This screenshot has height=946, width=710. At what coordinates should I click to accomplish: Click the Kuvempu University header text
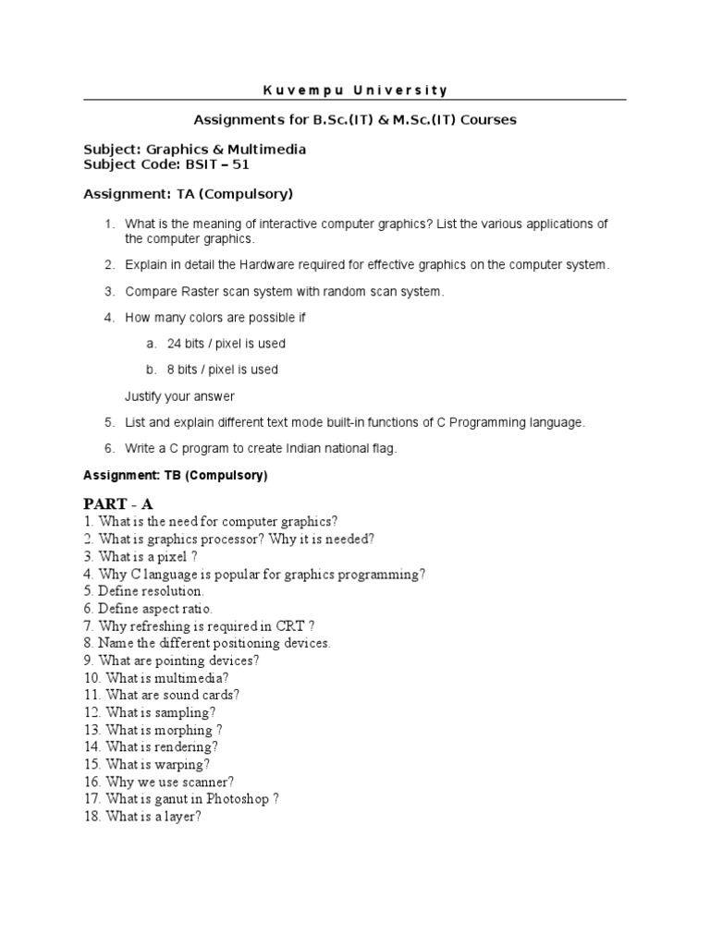[x=355, y=91]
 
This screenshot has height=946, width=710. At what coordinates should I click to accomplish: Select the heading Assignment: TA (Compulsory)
[x=188, y=194]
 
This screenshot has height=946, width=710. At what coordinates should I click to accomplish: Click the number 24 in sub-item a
[x=175, y=344]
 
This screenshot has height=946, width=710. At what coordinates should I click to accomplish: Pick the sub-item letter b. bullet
[x=151, y=370]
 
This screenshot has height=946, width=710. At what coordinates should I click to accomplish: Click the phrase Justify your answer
[x=179, y=396]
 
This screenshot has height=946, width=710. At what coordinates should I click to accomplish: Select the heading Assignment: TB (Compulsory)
[x=175, y=476]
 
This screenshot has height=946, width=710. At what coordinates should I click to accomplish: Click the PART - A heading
[x=118, y=503]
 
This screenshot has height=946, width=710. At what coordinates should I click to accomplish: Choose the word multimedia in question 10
[x=190, y=678]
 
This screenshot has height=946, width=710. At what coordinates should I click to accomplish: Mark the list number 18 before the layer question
[x=91, y=817]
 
